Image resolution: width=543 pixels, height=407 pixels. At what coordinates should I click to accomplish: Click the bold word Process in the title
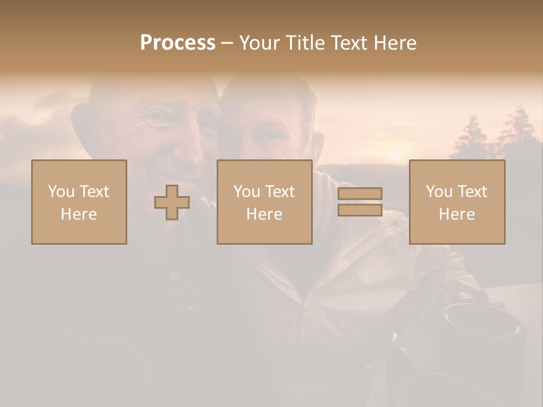pyautogui.click(x=178, y=43)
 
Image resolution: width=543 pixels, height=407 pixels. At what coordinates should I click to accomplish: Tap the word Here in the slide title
pyautogui.click(x=397, y=43)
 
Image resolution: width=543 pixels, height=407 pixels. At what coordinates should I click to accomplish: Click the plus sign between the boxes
pyautogui.click(x=172, y=202)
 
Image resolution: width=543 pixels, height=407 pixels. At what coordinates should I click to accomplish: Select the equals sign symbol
pyautogui.click(x=360, y=202)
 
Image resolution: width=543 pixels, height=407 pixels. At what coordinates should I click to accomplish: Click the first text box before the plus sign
pyautogui.click(x=79, y=202)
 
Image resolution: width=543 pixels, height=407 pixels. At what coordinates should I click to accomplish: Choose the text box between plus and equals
pyautogui.click(x=264, y=202)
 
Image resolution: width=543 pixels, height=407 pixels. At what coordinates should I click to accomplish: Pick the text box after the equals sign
pyautogui.click(x=457, y=202)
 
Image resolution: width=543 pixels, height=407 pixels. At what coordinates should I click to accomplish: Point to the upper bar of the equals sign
pyautogui.click(x=360, y=194)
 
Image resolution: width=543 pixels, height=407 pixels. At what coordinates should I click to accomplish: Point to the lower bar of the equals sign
pyautogui.click(x=360, y=210)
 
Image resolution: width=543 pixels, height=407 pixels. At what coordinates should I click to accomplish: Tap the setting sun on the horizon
pyautogui.click(x=394, y=154)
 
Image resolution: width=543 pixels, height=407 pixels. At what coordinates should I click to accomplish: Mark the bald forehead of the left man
pyautogui.click(x=153, y=90)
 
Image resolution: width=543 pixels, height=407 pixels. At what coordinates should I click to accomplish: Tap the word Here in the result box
pyautogui.click(x=457, y=214)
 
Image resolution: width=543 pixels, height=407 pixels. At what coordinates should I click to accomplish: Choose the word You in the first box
pyautogui.click(x=62, y=191)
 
